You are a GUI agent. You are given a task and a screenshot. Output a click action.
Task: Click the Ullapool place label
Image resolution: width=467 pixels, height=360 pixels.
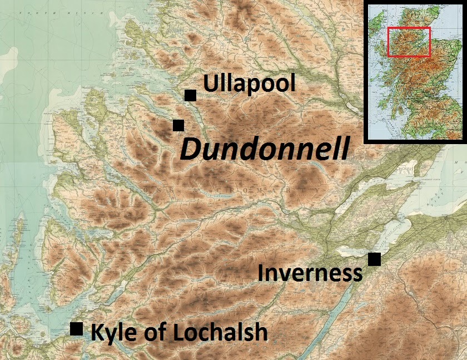(x=249, y=85)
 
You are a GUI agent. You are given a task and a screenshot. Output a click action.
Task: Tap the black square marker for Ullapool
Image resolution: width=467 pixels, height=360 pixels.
(x=190, y=95)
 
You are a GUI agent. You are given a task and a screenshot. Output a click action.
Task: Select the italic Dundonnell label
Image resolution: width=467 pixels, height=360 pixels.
(x=265, y=150)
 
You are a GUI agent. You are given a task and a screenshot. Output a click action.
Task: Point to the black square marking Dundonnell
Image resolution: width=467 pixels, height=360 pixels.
(x=178, y=125)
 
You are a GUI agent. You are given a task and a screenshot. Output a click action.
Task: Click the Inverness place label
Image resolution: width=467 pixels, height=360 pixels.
(x=310, y=273)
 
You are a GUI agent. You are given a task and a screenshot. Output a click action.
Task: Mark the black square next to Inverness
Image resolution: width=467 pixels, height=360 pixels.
(x=374, y=259)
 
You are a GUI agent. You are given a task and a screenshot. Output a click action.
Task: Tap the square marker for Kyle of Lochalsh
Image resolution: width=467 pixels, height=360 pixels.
(x=77, y=328)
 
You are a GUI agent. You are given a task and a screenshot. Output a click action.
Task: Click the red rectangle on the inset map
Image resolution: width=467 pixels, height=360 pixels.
(x=409, y=42)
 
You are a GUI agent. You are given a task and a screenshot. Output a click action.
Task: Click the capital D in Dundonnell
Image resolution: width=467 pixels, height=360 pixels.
(x=191, y=150)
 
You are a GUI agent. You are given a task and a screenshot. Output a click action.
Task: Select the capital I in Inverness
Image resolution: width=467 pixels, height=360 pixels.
(x=261, y=273)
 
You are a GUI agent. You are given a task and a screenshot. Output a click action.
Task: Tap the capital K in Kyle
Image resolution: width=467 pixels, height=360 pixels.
(x=96, y=332)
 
